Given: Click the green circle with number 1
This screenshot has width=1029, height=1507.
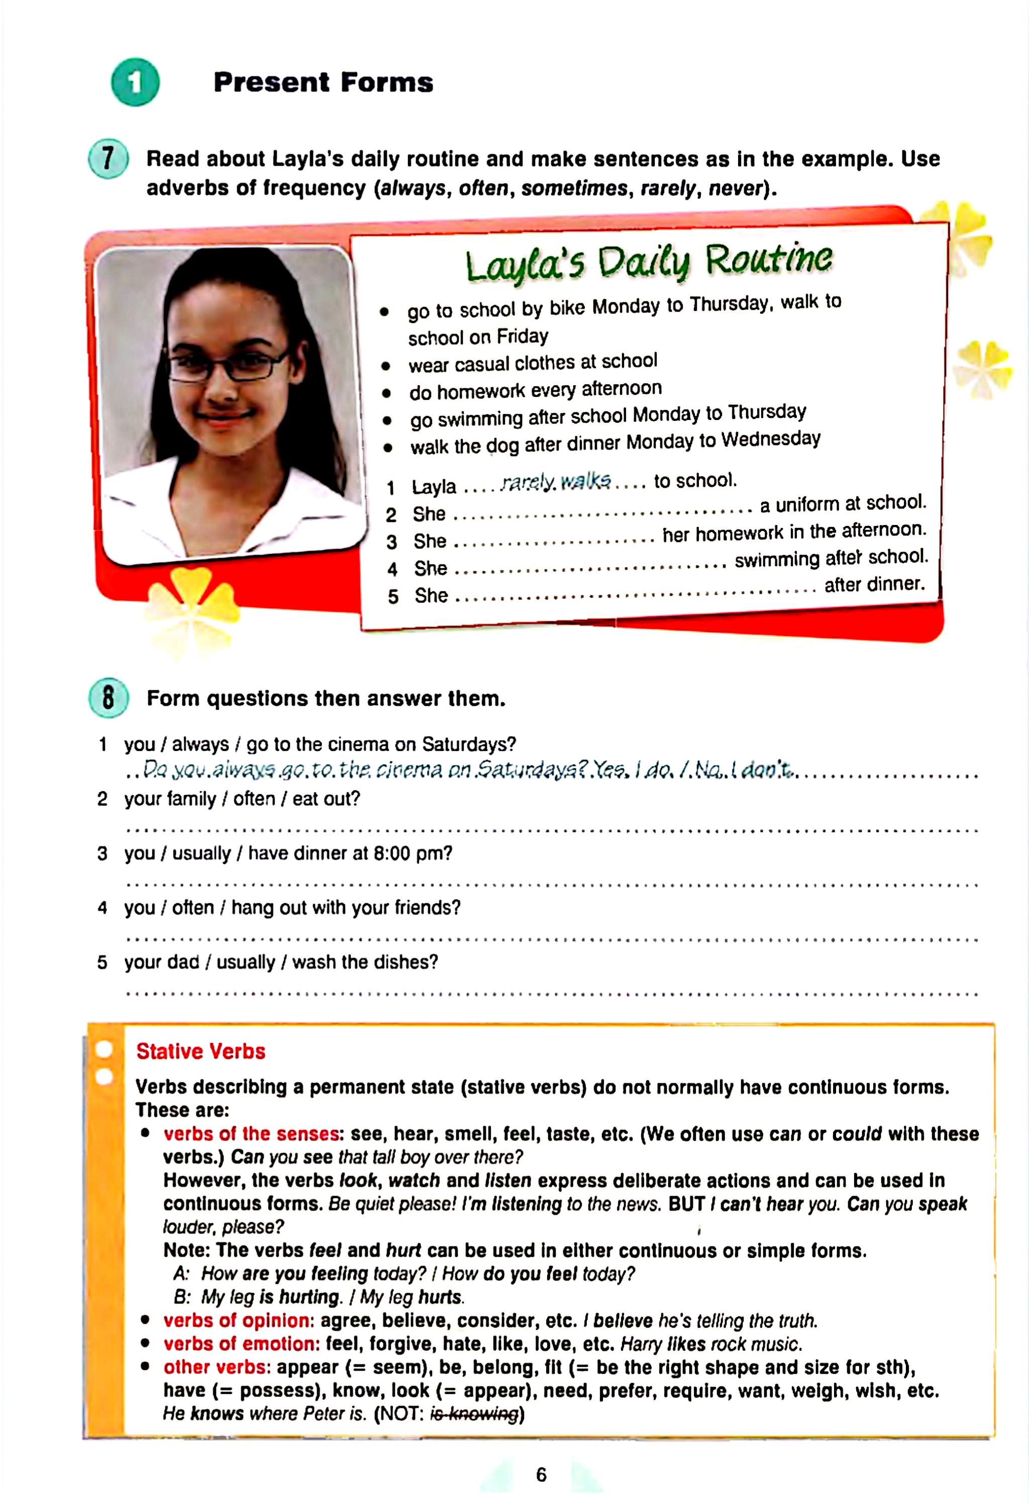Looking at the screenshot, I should (135, 82).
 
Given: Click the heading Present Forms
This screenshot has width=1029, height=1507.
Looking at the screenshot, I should (323, 82).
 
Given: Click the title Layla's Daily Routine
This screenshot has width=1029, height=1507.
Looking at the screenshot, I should (648, 262).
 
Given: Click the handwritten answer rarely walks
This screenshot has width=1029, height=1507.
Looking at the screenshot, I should (556, 482).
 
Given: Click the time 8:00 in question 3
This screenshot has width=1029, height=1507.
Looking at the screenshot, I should (391, 853).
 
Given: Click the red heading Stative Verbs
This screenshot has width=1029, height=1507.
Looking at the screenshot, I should (200, 1051).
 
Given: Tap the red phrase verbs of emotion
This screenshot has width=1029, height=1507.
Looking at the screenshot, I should (241, 1344).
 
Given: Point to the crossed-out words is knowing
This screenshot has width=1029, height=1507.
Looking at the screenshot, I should (475, 1414).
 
